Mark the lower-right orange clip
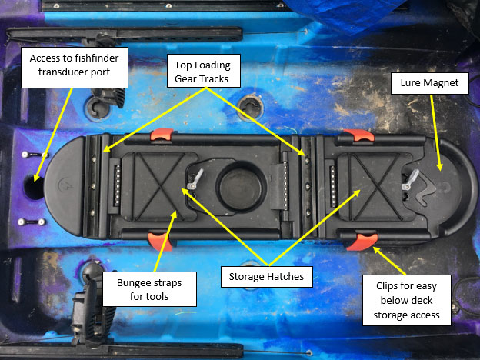tap(358, 242)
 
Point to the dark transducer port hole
tap(35, 186)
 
